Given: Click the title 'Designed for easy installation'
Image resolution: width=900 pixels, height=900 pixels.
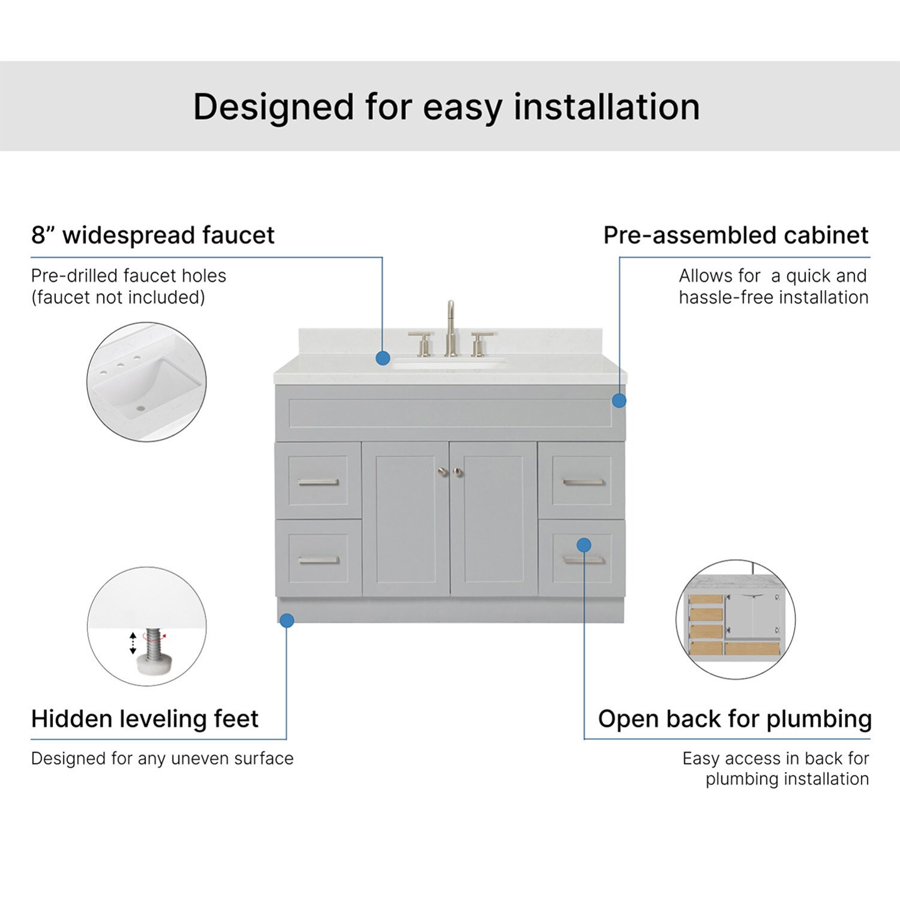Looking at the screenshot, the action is (x=446, y=107).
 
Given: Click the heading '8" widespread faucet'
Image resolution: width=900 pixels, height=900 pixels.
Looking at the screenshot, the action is (x=152, y=235).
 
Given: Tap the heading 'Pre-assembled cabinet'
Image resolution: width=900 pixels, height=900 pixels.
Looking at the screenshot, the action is (x=736, y=235).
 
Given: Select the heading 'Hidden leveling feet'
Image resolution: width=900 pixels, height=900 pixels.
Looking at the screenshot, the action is (x=145, y=718).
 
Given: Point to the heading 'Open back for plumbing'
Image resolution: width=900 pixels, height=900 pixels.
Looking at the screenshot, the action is (x=734, y=719).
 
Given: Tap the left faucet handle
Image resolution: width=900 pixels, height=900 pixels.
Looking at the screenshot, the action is (x=422, y=343).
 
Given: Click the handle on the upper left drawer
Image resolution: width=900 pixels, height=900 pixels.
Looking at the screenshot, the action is (x=318, y=482).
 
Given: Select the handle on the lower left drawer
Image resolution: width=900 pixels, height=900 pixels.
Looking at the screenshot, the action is (x=319, y=560).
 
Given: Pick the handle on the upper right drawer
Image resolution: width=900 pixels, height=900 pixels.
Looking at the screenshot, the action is (x=583, y=482).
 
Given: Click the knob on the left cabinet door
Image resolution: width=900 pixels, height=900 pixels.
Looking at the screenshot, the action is (x=443, y=472).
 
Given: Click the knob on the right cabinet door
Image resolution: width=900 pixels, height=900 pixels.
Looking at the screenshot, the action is (x=458, y=472).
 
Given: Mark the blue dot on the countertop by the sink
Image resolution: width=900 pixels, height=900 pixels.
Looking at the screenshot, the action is (x=383, y=358).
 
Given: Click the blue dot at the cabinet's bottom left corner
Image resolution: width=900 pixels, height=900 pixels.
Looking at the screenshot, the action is (x=287, y=620).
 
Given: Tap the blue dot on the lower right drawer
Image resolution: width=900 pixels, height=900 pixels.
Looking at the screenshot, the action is (x=584, y=545).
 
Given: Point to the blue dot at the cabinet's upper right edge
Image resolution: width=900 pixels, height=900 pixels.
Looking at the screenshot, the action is (x=619, y=400).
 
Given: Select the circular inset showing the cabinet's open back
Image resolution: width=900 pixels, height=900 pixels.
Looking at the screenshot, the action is (x=736, y=619).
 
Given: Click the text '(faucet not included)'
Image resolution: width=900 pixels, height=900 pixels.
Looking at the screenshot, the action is (x=118, y=297).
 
